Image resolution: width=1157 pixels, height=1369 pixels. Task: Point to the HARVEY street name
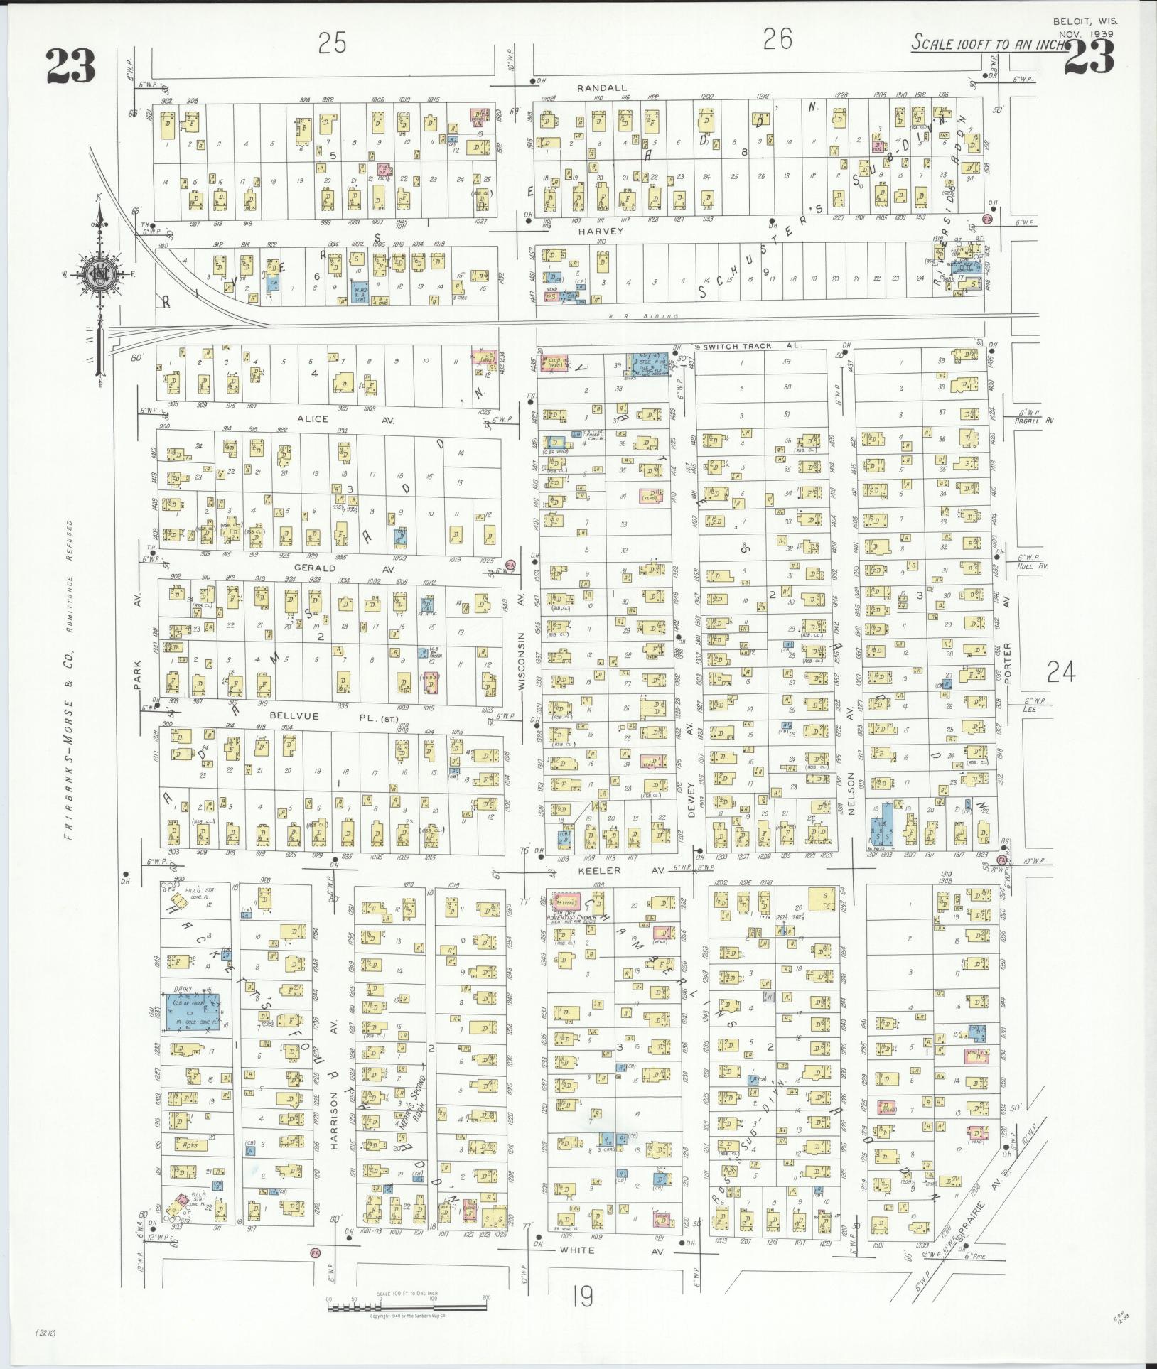(601, 231)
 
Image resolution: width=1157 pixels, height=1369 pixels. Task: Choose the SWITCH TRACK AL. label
(752, 345)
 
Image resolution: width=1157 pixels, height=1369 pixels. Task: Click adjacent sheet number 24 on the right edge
(1060, 671)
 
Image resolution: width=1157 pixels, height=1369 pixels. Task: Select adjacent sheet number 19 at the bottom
(581, 1298)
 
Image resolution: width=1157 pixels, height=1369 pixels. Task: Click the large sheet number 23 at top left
(70, 67)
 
